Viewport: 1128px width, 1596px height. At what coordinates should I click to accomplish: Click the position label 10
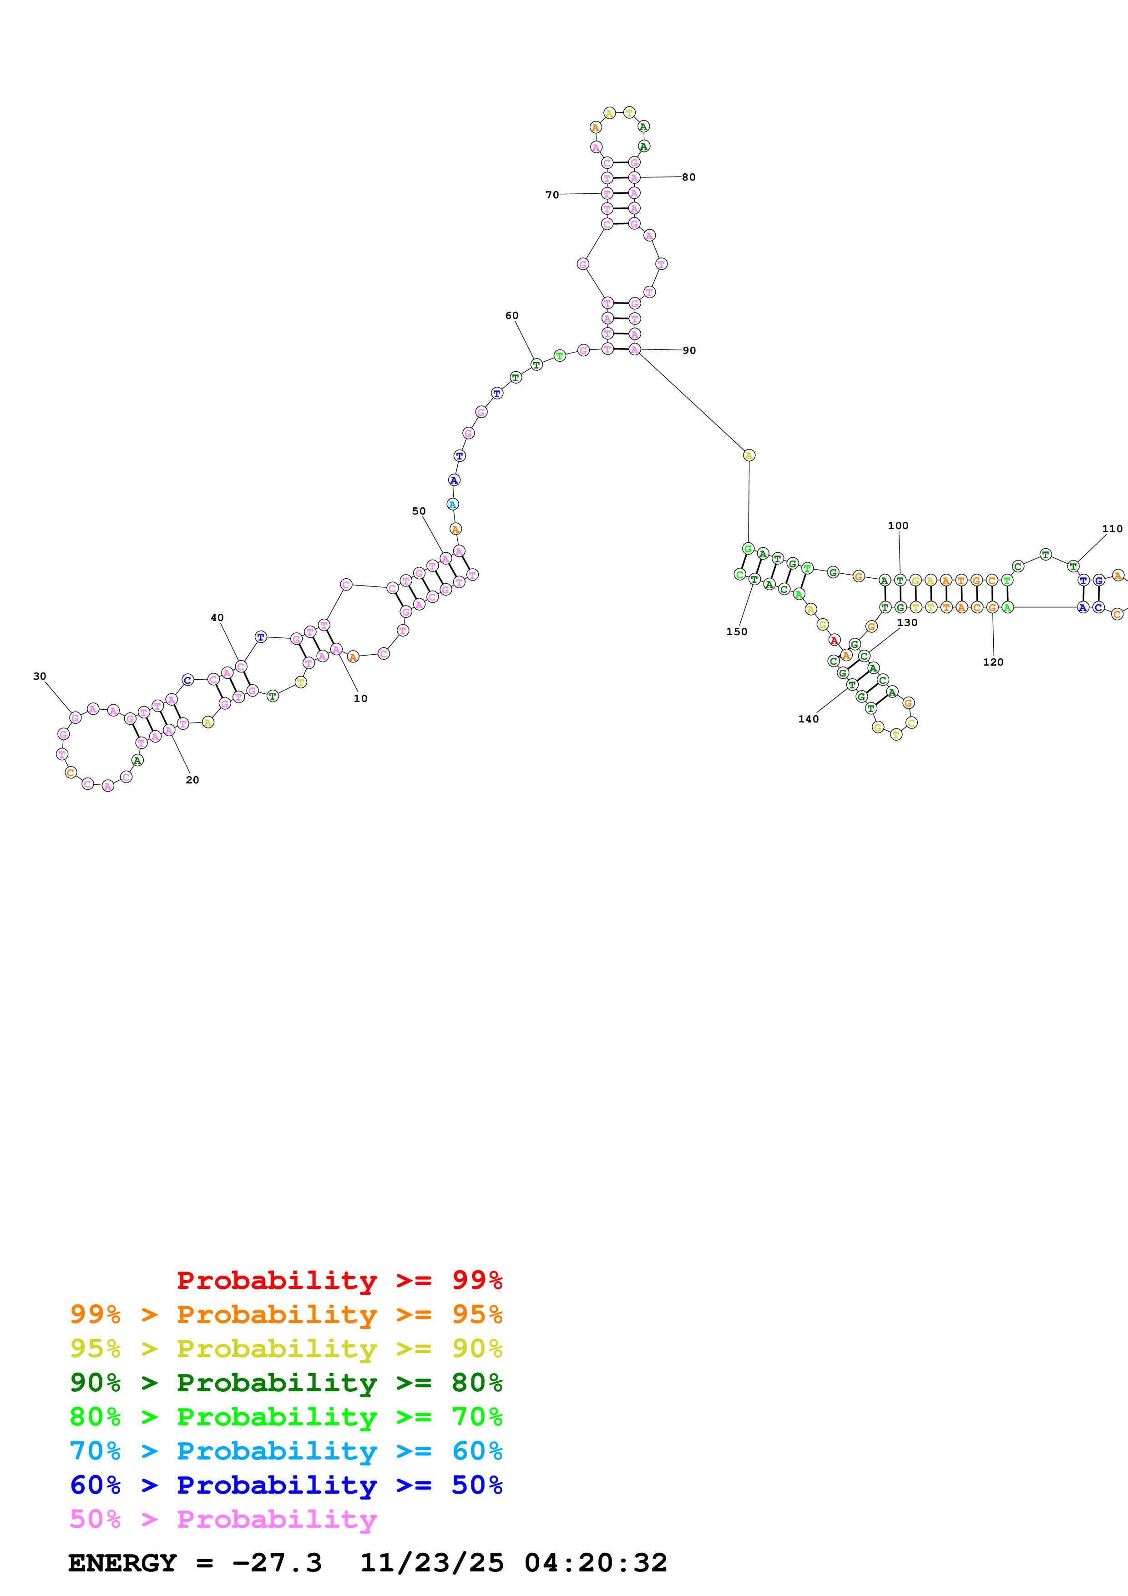(x=360, y=699)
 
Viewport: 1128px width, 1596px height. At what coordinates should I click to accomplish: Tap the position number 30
(x=40, y=677)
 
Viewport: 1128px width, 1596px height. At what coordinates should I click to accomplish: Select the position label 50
(x=419, y=511)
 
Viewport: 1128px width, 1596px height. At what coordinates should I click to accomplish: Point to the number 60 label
(x=511, y=316)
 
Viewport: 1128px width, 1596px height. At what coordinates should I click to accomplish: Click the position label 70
(x=552, y=195)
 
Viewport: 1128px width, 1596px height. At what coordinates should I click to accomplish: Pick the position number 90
(x=689, y=350)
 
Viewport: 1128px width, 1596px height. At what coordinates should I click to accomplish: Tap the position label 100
(x=898, y=525)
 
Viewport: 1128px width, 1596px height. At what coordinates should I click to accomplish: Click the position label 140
(x=808, y=719)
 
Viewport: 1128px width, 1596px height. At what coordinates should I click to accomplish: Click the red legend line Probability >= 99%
(x=339, y=1280)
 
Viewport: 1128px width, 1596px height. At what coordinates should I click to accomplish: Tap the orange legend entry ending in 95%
(x=286, y=1314)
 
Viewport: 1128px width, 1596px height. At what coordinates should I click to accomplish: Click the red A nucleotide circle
(x=834, y=640)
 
